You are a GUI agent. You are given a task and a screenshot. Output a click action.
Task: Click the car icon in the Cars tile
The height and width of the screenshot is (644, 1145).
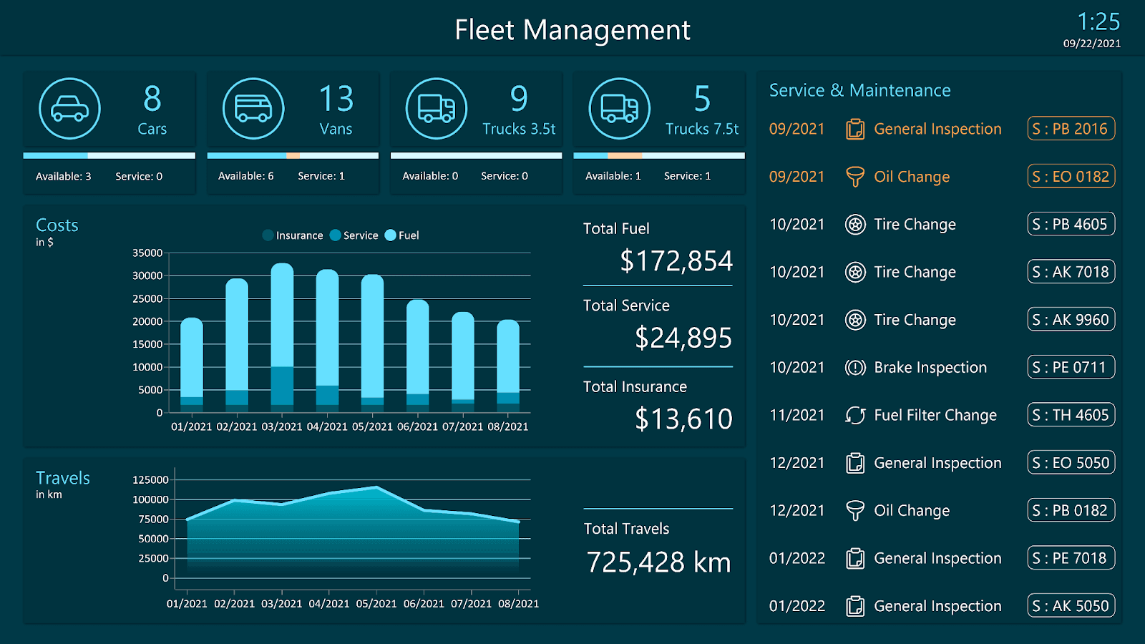click(69, 109)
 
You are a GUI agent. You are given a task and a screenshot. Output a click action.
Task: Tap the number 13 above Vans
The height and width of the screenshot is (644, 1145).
click(336, 99)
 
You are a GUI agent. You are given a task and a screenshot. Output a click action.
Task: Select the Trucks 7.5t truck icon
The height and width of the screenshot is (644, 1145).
click(619, 109)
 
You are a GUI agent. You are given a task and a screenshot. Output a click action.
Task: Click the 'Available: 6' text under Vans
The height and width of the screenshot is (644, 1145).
click(245, 176)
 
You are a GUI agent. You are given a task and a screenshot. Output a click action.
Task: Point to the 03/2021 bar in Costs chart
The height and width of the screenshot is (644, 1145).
click(282, 336)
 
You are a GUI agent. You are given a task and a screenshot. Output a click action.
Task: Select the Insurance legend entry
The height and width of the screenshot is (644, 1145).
click(293, 235)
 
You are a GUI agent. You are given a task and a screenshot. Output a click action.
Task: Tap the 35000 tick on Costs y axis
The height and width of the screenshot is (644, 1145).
click(147, 253)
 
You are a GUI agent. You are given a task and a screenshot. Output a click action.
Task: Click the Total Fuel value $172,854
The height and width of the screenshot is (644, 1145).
click(676, 261)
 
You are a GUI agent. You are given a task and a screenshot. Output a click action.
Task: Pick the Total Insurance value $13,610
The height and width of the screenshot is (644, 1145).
click(683, 419)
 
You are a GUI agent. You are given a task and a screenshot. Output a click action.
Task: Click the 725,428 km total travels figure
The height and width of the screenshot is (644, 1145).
click(658, 562)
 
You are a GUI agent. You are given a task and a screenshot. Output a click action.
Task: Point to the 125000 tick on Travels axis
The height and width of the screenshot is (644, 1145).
click(150, 479)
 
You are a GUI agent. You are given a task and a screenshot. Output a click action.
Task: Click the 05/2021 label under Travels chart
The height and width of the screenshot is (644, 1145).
click(376, 604)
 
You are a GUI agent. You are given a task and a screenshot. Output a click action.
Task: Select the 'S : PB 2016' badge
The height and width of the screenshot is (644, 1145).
click(1071, 129)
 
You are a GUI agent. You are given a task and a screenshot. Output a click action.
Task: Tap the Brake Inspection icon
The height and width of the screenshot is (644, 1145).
click(855, 368)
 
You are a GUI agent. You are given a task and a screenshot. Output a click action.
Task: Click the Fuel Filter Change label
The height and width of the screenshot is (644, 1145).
click(935, 415)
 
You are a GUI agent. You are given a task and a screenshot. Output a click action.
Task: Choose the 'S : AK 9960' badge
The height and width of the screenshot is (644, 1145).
click(1071, 320)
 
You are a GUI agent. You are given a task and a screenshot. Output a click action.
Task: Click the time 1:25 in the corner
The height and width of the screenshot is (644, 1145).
click(1098, 21)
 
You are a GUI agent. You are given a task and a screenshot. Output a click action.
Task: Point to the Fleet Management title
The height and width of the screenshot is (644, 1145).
click(572, 30)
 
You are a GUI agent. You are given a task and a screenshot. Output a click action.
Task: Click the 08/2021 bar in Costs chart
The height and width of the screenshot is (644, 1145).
click(508, 365)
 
